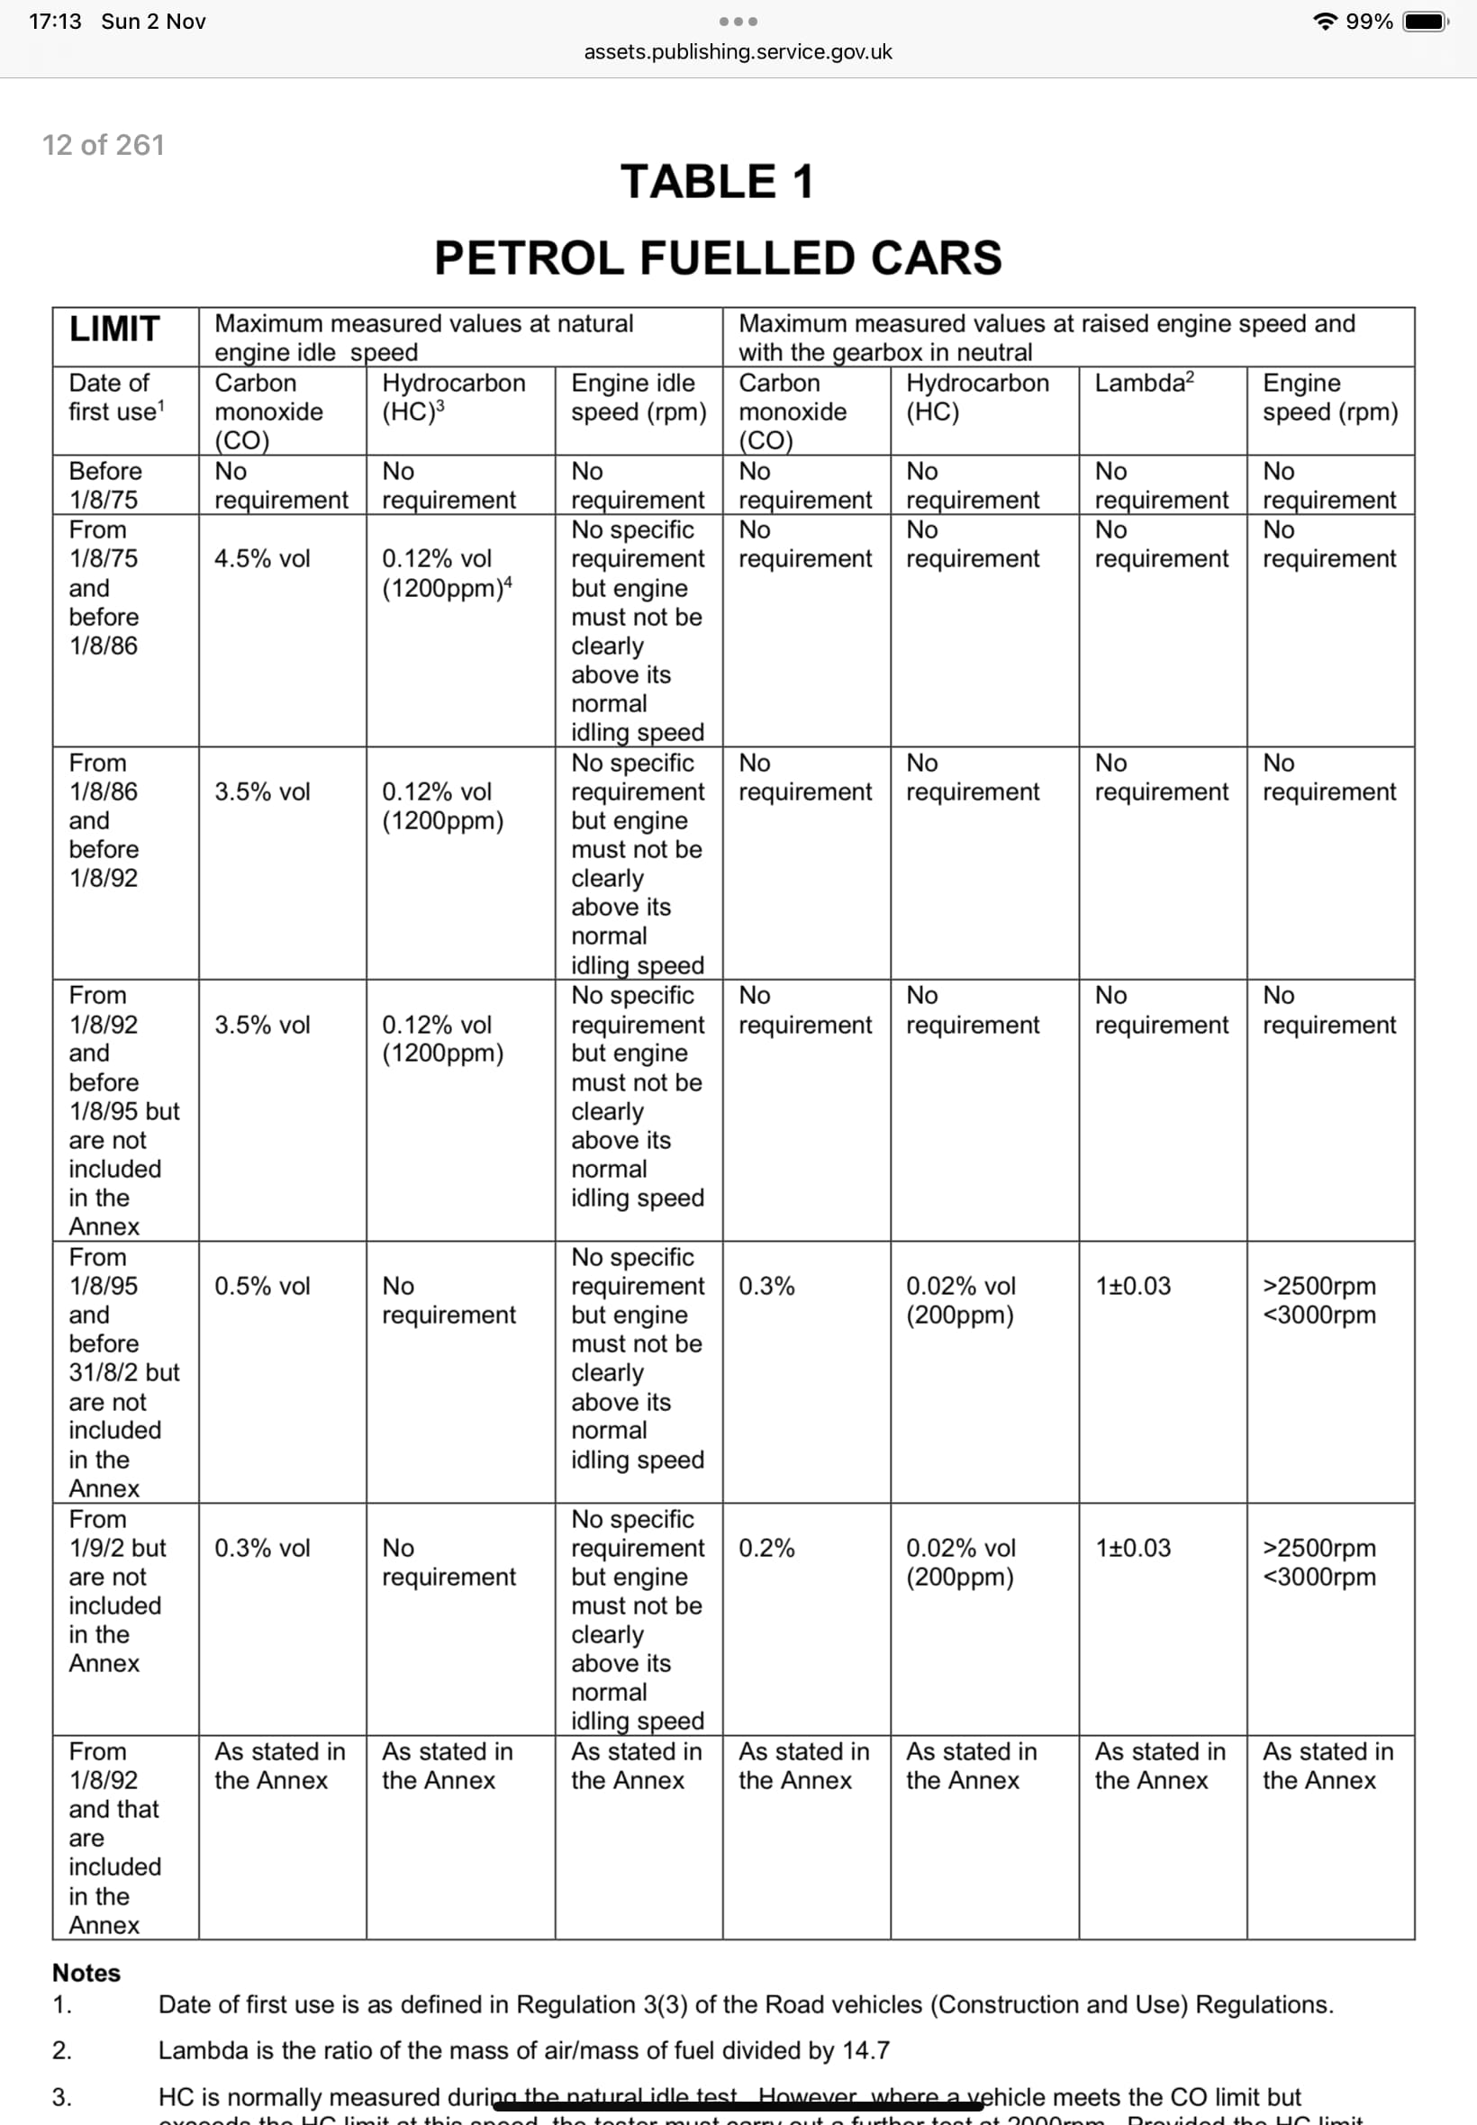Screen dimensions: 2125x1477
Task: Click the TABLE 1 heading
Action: coord(717,181)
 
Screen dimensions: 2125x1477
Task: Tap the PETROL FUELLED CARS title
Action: coord(717,258)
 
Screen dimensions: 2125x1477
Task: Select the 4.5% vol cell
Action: coord(262,559)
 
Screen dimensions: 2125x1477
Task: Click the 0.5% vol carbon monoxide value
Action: coord(262,1286)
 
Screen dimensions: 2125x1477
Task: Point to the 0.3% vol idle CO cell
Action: coord(262,1548)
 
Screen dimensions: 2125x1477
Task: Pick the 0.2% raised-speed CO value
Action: coord(766,1548)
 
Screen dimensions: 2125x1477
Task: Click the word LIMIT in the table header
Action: coord(114,330)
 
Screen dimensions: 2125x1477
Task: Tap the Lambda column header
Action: coord(1144,383)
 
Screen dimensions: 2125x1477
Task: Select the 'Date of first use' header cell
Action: coord(115,397)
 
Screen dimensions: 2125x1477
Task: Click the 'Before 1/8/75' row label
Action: coord(104,484)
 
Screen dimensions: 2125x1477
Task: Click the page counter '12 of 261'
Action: coord(103,145)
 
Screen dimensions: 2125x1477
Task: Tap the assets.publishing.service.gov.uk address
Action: coord(738,52)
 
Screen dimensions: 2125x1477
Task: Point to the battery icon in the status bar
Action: coord(1425,22)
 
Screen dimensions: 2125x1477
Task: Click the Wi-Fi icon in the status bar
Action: coord(1325,22)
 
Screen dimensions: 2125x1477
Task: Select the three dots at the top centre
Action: coord(738,22)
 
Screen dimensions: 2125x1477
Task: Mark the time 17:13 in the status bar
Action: coord(55,22)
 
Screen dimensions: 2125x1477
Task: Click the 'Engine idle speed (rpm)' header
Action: coord(638,397)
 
